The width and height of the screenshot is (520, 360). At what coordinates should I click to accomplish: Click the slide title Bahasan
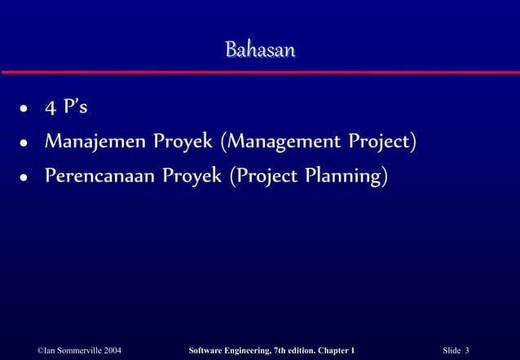pyautogui.click(x=260, y=50)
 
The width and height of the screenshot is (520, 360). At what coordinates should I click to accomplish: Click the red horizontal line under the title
pyautogui.click(x=260, y=72)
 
